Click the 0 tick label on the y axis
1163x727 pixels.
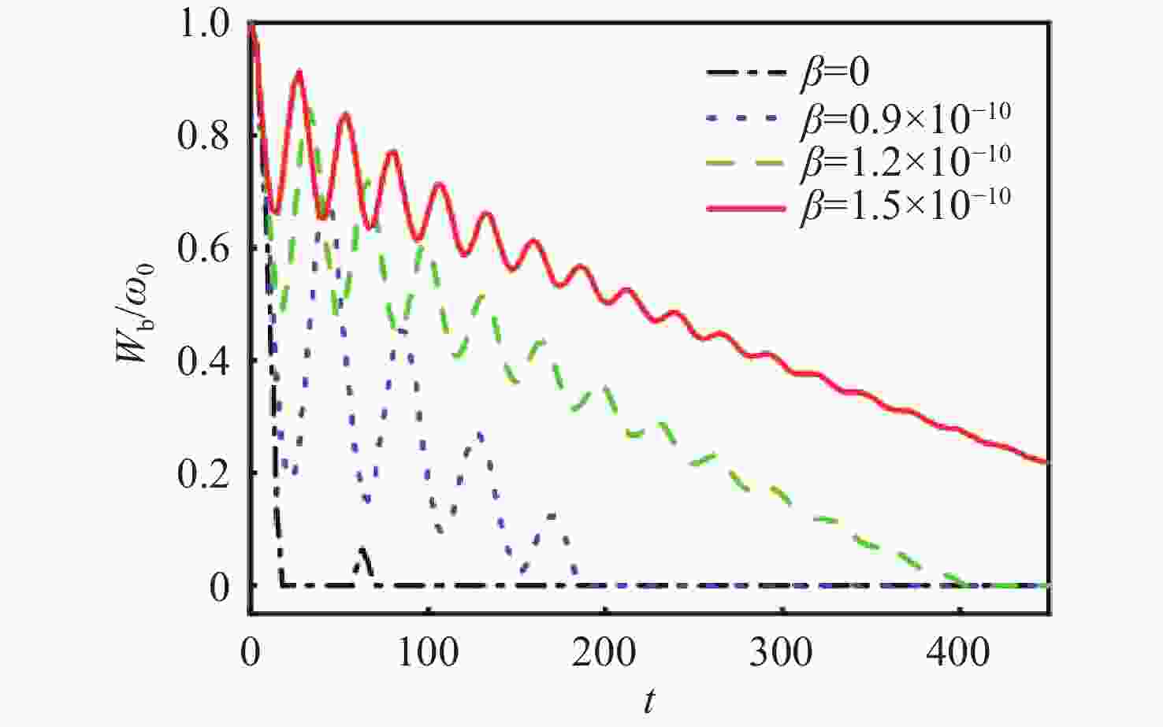[220, 587]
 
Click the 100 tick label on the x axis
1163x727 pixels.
[427, 652]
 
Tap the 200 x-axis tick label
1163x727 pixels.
[605, 652]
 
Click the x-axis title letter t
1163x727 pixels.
[649, 701]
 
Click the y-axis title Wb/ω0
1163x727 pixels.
[133, 313]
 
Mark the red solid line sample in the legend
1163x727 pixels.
[747, 208]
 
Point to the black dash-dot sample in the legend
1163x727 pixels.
[747, 73]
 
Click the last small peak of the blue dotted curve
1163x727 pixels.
[552, 516]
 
